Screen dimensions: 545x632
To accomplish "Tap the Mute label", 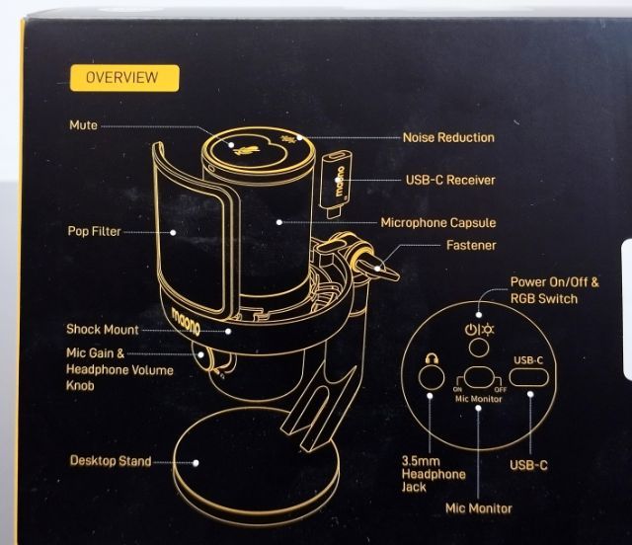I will click(83, 126).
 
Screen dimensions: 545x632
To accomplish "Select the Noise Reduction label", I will click(448, 137).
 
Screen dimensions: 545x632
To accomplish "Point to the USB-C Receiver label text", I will click(450, 181).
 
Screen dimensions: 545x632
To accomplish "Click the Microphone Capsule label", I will click(452, 222).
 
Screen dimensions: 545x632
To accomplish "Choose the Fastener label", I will click(472, 245).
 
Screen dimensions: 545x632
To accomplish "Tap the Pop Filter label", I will click(95, 231).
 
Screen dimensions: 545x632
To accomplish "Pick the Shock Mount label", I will click(103, 330).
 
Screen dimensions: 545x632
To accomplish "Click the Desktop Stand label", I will click(109, 460).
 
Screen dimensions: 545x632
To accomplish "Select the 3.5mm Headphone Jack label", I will click(434, 474).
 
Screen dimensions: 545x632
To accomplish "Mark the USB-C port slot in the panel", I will click(528, 378).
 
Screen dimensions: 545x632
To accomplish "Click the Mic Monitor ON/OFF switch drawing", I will click(479, 378).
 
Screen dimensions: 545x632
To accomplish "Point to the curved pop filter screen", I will click(194, 237).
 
